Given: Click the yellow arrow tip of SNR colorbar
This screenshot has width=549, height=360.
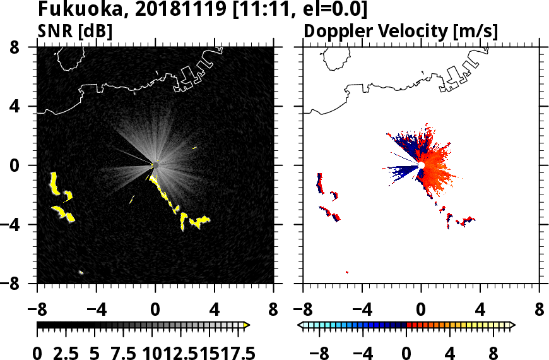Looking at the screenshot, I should tap(247, 325).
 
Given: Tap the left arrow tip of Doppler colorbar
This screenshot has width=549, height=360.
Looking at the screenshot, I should tap(300, 325).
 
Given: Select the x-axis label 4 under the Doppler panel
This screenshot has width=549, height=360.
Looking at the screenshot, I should tap(480, 311).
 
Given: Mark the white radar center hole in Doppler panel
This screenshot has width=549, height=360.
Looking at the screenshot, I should tap(421, 165).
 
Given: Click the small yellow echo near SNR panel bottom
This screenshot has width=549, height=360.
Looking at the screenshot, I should tap(81, 272).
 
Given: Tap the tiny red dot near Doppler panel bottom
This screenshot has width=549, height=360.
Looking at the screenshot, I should tap(347, 272).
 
